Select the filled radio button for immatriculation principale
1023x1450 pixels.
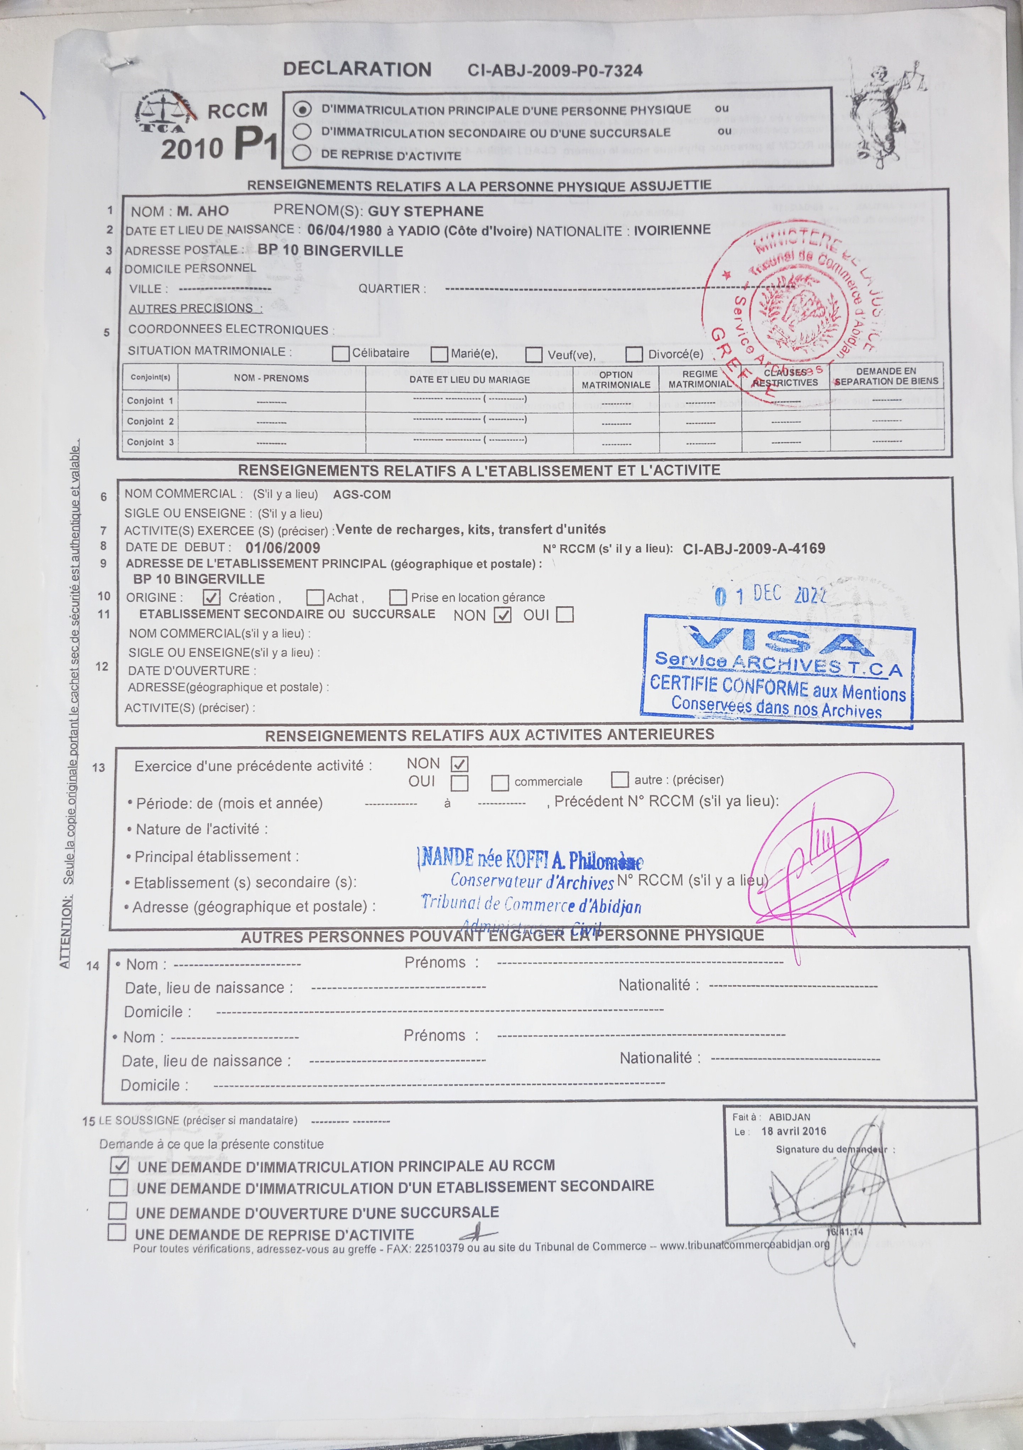(302, 109)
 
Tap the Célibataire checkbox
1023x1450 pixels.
(341, 354)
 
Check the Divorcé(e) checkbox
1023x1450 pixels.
(634, 354)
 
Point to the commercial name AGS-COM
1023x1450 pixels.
(361, 494)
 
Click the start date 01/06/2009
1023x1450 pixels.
(283, 548)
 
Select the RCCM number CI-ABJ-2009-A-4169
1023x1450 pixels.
(753, 548)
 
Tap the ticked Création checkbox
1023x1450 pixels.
(211, 597)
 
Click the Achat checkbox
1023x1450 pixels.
(315, 597)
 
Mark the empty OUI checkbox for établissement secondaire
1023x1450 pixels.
(565, 614)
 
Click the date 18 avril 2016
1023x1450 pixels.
(793, 1131)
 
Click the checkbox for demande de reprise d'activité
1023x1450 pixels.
(117, 1232)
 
